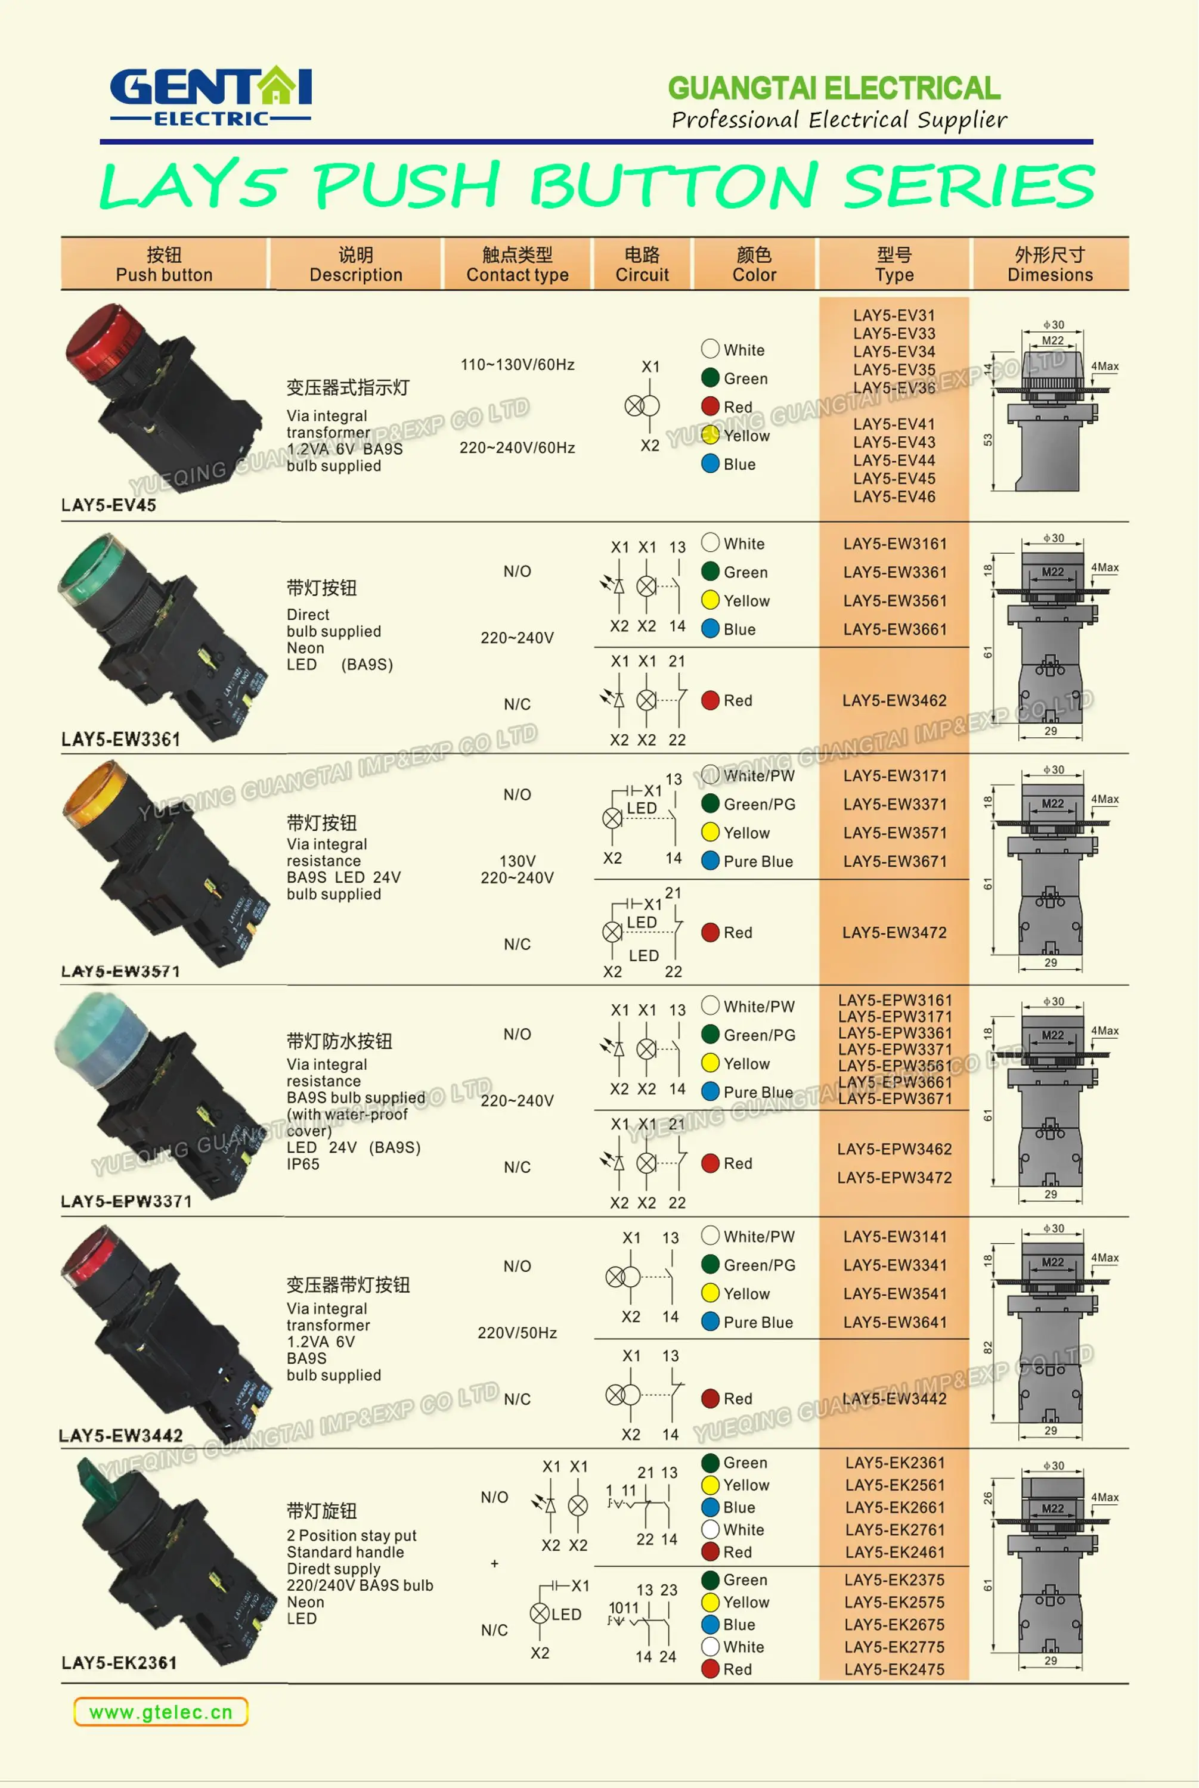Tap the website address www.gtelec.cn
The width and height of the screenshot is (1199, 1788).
tap(160, 1712)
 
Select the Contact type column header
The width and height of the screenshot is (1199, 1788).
tap(517, 265)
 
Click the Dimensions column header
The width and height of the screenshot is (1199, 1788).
tap(1050, 265)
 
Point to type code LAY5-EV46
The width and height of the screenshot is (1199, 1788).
tap(894, 497)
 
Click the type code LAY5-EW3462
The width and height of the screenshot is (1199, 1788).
tap(894, 701)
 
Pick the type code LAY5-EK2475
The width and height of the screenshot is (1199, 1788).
tap(894, 1669)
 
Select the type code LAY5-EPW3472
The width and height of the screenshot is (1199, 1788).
tap(894, 1178)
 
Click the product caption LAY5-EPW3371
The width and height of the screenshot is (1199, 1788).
tap(126, 1202)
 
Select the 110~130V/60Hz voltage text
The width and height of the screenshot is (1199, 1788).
tap(517, 365)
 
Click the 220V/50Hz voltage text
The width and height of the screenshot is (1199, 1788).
tap(517, 1333)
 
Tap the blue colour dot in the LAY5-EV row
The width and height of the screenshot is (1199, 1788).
tap(710, 464)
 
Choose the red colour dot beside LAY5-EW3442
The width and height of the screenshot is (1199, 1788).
tap(710, 1399)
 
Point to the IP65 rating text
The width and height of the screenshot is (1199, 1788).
tap(303, 1164)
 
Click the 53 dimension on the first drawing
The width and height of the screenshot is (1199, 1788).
tap(988, 440)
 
